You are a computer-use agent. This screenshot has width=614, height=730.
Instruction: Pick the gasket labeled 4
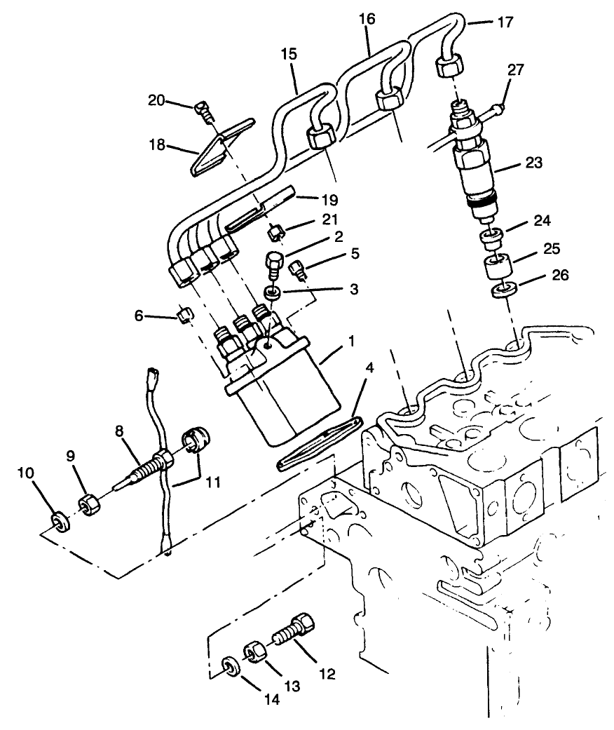pos(320,444)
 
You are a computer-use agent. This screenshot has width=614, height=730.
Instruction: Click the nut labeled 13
pos(254,651)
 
